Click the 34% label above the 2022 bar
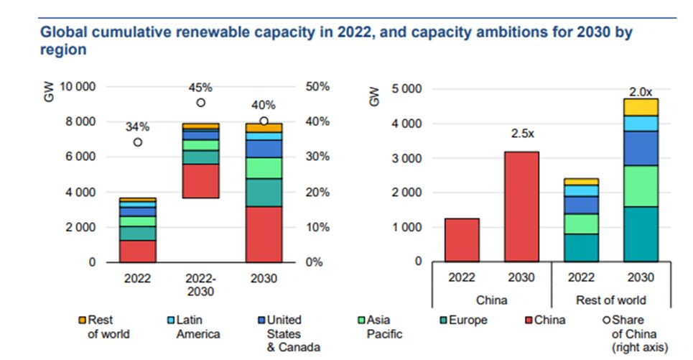137,127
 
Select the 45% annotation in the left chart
200,88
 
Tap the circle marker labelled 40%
264,121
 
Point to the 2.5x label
521,134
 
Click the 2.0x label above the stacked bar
641,91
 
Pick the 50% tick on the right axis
317,87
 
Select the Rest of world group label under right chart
612,300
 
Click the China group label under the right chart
491,300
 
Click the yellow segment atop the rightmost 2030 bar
641,107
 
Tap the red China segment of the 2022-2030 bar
200,180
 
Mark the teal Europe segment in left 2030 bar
264,192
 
